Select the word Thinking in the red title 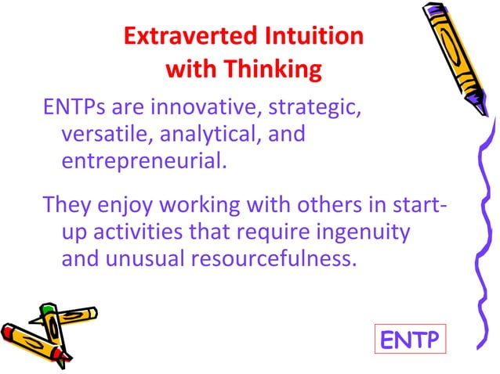pos(274,70)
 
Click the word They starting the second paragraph pos(67,206)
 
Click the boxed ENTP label pos(408,340)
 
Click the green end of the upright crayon pos(48,310)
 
